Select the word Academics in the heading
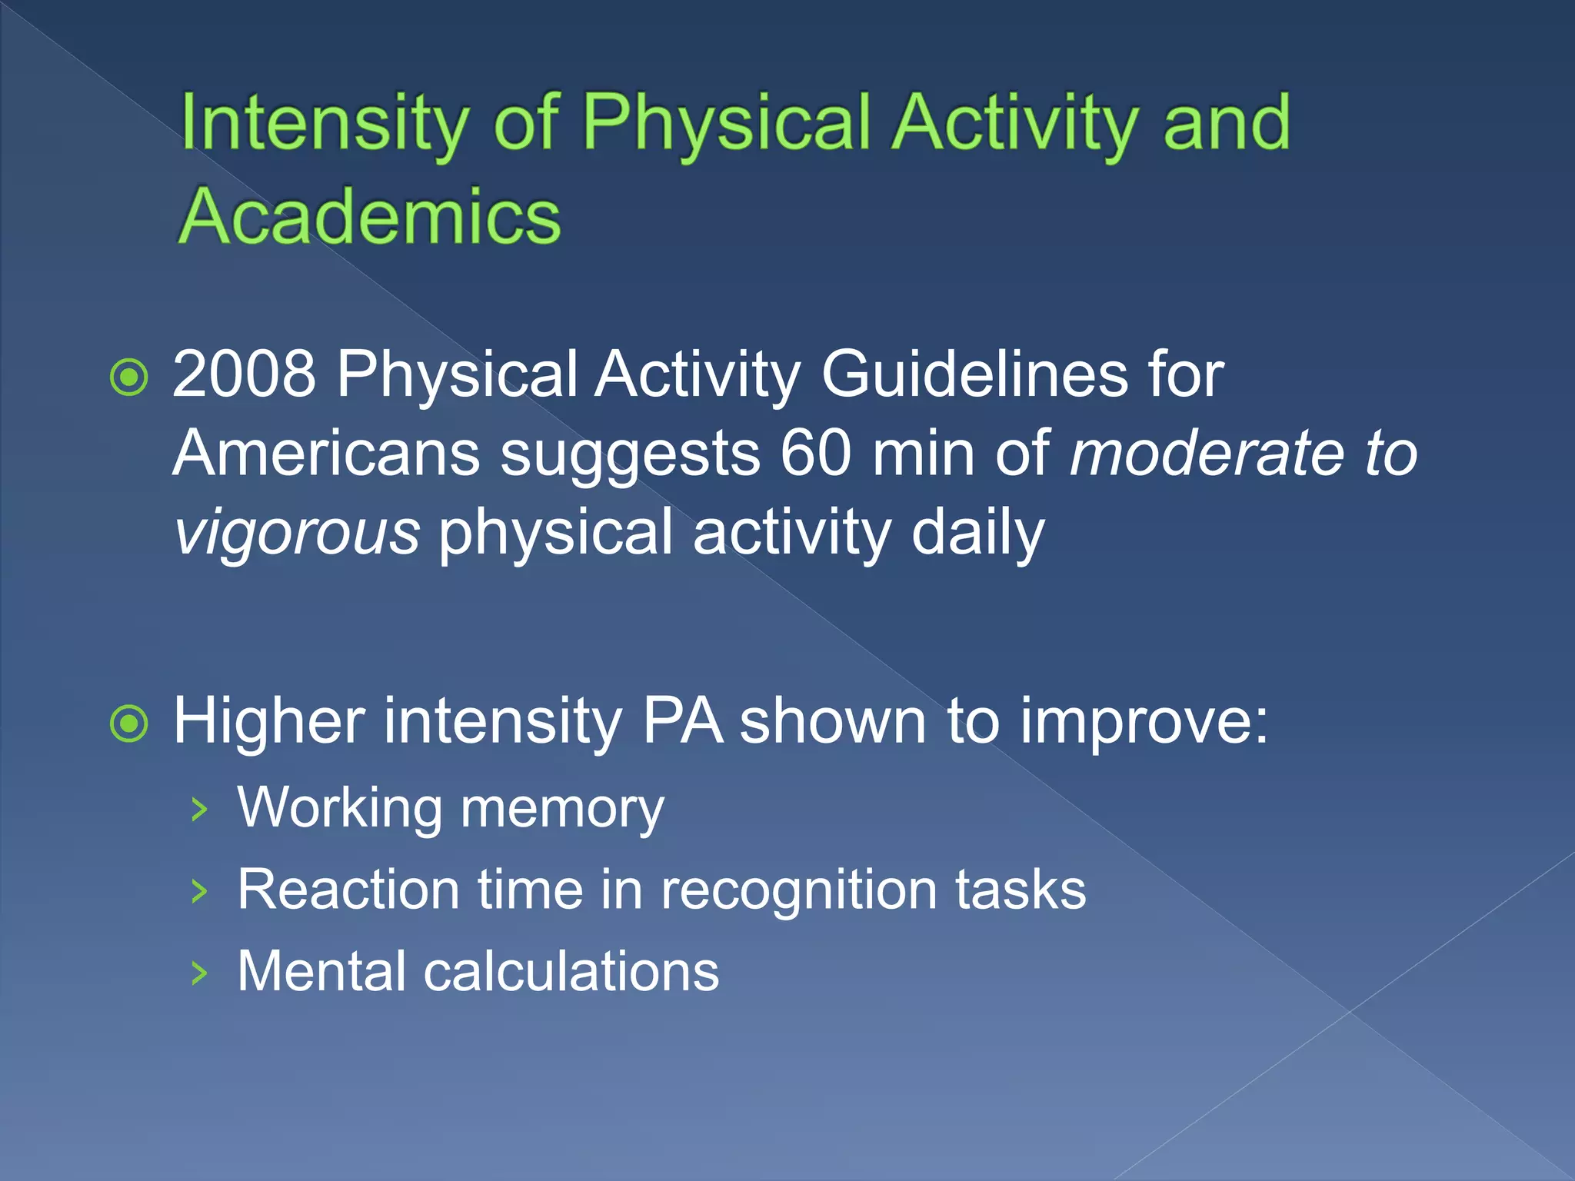tap(370, 218)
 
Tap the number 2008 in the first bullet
tap(244, 374)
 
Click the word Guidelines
tap(974, 374)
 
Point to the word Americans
tap(327, 454)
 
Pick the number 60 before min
tap(815, 454)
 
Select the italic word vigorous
tap(297, 534)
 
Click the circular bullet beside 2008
tap(129, 378)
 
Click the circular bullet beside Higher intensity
tap(129, 724)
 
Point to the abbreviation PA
tap(682, 721)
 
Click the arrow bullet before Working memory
tap(199, 810)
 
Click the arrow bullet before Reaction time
tap(199, 891)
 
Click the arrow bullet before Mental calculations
tap(199, 973)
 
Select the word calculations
tap(571, 972)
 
